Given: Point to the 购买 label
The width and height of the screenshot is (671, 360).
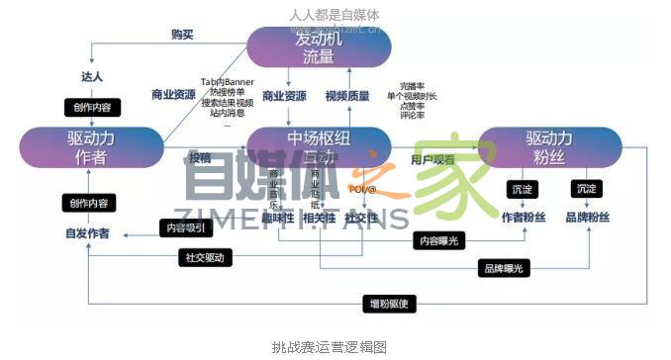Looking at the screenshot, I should coord(182,35).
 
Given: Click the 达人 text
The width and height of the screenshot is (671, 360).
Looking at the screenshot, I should coord(91,77).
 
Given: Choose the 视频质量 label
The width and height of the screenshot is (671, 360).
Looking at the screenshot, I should coord(347,96).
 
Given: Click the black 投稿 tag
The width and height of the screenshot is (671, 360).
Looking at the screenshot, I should coord(199,157).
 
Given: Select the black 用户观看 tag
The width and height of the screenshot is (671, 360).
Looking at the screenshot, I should coord(432,158).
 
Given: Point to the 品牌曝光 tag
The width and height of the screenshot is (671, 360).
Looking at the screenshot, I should coord(504,267).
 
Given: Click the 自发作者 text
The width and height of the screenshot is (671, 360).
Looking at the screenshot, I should coord(88,233).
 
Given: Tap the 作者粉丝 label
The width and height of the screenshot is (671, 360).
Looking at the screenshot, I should coord(524,217).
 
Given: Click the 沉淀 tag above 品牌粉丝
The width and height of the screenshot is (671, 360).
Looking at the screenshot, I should coord(587,188).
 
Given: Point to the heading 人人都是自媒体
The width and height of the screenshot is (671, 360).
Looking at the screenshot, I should coord(335,15).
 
